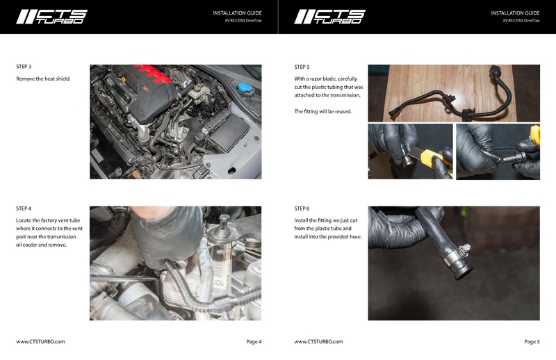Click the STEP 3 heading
pos(24,66)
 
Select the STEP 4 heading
pos(24,208)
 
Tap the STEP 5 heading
pos(302,67)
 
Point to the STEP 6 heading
pos(302,208)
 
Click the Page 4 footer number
pos(254,341)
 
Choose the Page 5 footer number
pos(532,341)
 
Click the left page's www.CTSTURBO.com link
pos(40,341)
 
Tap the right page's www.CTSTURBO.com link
pos(318,341)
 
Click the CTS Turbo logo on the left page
pos(51,17)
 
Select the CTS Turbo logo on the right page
pos(329,17)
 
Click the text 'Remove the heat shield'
pos(42,79)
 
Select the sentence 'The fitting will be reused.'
pos(323,111)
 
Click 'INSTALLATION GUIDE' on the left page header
pos(237,13)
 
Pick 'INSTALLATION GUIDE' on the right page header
pos(515,13)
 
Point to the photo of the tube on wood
pos(454,92)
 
